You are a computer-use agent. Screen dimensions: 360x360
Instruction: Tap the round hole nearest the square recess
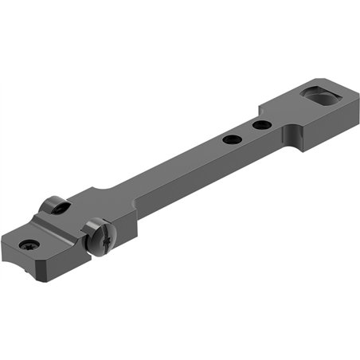260,125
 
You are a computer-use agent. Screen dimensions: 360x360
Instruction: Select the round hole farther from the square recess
232,140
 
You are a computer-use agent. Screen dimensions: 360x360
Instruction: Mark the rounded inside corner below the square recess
297,136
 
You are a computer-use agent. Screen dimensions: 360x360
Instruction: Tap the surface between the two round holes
246,132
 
